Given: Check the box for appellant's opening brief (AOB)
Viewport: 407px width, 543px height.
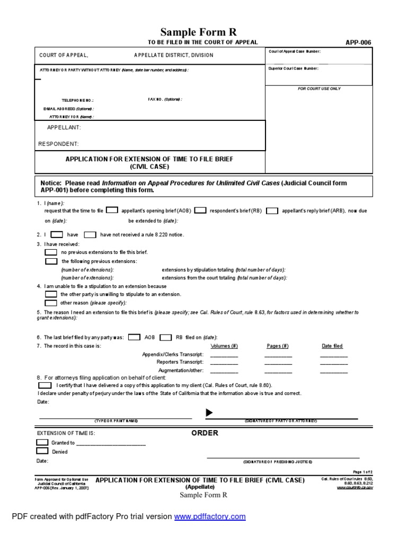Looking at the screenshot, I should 112,211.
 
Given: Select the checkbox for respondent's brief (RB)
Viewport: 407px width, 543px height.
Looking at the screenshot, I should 200,211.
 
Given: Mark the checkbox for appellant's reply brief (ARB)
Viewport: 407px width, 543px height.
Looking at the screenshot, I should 271,211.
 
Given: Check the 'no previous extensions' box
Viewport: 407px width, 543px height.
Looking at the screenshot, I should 51,252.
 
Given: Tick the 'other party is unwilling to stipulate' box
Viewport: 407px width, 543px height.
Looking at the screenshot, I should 51,294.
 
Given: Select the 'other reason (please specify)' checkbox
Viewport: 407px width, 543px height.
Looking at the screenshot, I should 51,303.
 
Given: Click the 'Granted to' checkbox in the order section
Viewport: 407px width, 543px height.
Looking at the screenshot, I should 42,442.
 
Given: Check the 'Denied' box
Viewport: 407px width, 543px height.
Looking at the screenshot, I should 42,451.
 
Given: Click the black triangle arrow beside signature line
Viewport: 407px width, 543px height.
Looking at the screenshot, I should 209,413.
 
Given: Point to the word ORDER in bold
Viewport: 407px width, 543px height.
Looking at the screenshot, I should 205,433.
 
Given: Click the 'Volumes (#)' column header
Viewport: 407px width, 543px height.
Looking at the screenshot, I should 224,346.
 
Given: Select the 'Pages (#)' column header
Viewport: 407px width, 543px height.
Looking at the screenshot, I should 278,346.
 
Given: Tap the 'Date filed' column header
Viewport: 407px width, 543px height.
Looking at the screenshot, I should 332,346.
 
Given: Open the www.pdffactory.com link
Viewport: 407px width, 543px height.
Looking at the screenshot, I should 210,516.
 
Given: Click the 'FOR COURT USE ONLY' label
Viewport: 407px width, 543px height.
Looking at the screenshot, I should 319,89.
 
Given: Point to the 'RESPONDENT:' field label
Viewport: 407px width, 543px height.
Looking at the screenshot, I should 59,144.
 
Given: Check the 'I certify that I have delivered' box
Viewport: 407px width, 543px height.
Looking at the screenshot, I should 45,386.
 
